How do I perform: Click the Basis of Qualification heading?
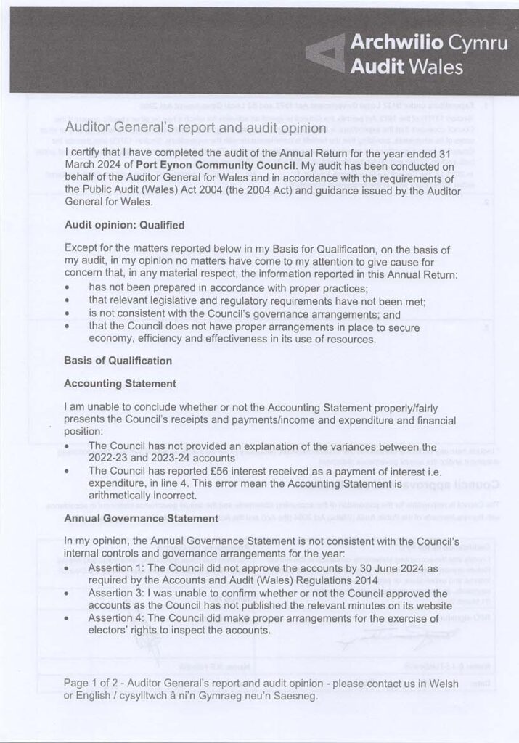pyautogui.click(x=111, y=361)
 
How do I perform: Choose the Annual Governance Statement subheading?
pyautogui.click(x=141, y=519)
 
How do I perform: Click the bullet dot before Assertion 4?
pyautogui.click(x=68, y=620)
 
